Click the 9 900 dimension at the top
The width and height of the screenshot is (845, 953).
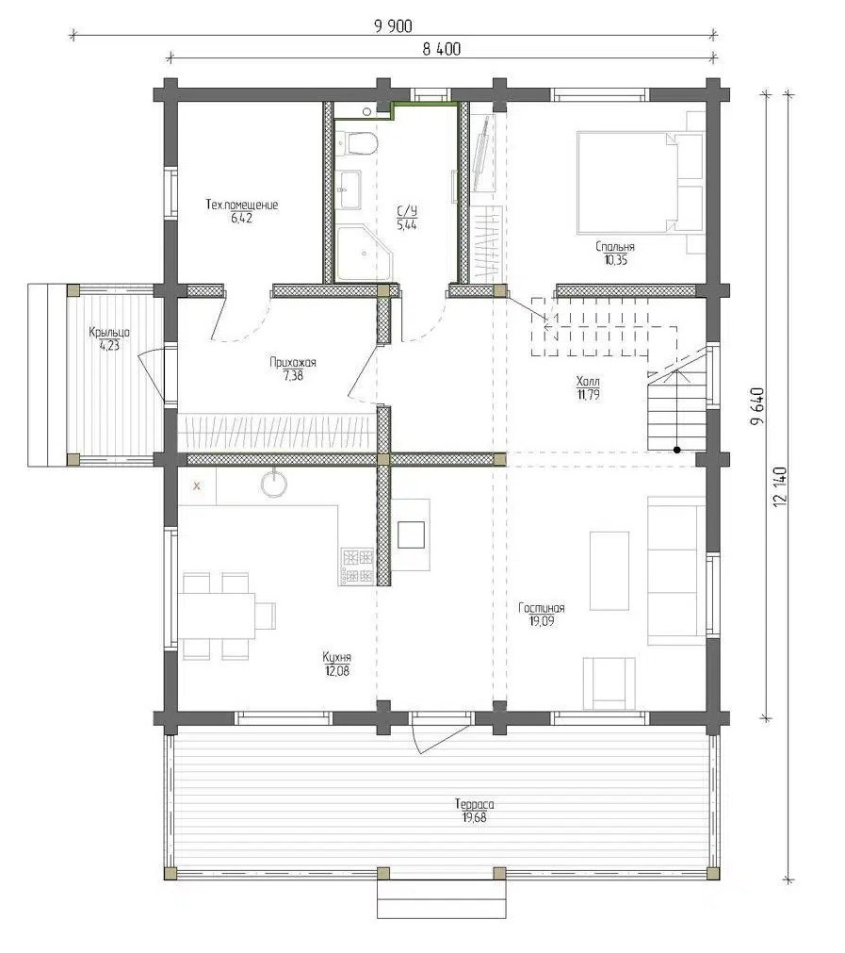point(393,26)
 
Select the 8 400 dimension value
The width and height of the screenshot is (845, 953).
point(442,49)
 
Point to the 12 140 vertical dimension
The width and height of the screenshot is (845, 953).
point(780,486)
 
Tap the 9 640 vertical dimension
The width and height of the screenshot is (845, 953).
point(757,406)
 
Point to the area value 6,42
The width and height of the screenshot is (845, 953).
point(241,218)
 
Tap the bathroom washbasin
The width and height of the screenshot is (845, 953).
point(349,189)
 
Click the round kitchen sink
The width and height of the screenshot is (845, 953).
point(274,483)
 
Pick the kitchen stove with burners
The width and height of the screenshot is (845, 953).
point(357,566)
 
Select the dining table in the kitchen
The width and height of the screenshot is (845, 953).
point(217,616)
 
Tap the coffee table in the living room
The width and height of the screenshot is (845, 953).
point(609,570)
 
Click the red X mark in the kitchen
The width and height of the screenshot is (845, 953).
point(197,485)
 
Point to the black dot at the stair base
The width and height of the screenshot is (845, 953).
point(676,451)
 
